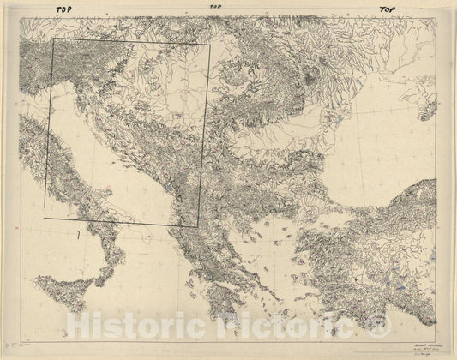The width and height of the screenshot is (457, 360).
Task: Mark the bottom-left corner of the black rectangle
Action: coord(45,208)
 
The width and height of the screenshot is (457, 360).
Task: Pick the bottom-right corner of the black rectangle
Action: coord(197,227)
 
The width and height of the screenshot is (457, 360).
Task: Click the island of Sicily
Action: coord(64,285)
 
